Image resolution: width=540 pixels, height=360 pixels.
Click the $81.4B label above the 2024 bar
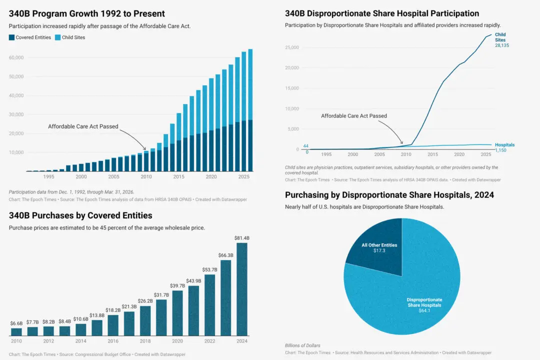click(x=242, y=238)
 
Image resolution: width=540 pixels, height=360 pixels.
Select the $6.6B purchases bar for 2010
click(x=16, y=331)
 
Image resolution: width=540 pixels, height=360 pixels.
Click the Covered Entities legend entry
click(x=30, y=37)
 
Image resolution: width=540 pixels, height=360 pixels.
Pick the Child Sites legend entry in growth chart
click(x=70, y=37)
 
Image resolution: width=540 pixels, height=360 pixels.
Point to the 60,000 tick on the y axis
click(x=16, y=57)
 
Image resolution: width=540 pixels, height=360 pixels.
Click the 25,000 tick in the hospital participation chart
click(x=292, y=47)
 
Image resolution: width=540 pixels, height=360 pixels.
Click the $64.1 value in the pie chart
click(x=424, y=310)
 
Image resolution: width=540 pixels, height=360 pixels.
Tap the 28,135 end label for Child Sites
click(x=501, y=45)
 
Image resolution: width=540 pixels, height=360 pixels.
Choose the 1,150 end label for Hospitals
click(x=501, y=150)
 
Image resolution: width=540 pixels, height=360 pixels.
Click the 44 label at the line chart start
click(x=305, y=146)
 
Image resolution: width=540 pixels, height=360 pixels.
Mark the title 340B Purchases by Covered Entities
click(x=80, y=215)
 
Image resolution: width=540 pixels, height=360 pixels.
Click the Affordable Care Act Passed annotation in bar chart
click(x=83, y=126)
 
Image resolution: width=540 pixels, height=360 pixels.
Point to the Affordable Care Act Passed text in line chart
click(x=353, y=116)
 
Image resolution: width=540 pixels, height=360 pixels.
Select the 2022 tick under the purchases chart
click(x=210, y=341)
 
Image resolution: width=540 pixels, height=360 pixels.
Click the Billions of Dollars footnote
click(x=302, y=345)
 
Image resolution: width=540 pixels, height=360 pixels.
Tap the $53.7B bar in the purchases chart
click(x=210, y=304)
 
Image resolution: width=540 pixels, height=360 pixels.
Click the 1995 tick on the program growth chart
click(x=49, y=176)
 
